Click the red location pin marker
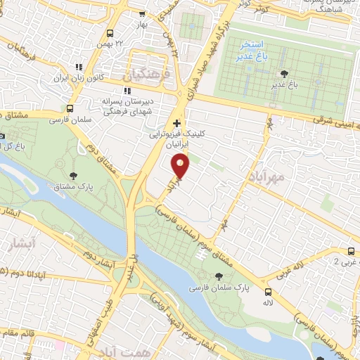point(181,166)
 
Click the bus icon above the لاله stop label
point(267,292)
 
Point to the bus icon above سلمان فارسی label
point(70,108)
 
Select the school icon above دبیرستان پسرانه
point(127,90)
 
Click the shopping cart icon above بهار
point(142,13)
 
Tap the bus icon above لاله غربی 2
point(350,252)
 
